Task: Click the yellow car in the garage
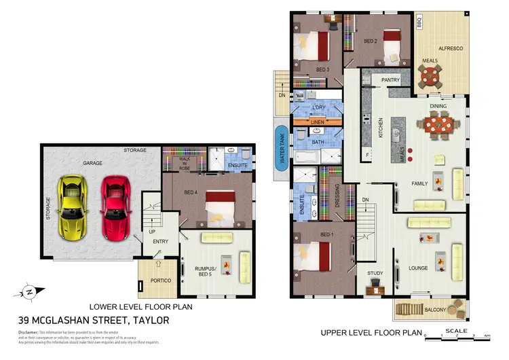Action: tap(73, 206)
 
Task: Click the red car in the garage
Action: tap(113, 206)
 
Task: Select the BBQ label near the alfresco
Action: tap(419, 22)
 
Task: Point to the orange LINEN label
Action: tap(316, 122)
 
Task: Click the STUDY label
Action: tap(375, 274)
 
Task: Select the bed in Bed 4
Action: tap(218, 206)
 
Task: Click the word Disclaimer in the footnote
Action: tap(31, 331)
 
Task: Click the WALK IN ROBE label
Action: tap(184, 162)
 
